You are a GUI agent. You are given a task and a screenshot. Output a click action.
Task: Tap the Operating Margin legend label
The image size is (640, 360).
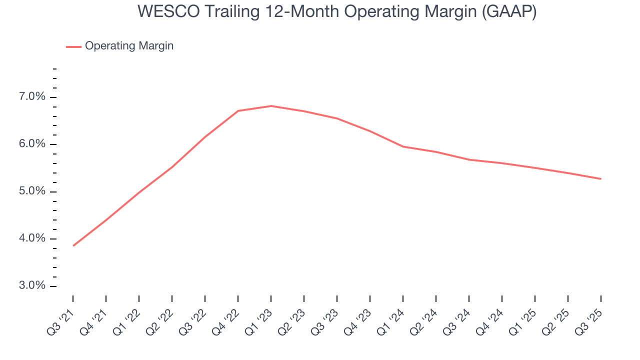pyautogui.click(x=129, y=46)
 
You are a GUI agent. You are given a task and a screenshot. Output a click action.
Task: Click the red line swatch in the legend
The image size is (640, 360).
pyautogui.click(x=73, y=46)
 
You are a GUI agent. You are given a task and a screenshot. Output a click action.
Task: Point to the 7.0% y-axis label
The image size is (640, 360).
pyautogui.click(x=32, y=97)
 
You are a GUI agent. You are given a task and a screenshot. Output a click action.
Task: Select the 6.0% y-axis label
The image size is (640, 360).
pyautogui.click(x=32, y=144)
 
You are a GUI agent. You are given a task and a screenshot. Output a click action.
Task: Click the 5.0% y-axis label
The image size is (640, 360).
pyautogui.click(x=32, y=192)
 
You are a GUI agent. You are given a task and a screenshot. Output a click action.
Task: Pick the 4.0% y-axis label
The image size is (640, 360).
pyautogui.click(x=32, y=239)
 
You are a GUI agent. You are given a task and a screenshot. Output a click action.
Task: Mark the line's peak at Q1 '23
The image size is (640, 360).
pyautogui.click(x=271, y=106)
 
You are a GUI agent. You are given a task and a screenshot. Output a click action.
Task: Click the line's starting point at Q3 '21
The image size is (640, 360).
pyautogui.click(x=73, y=245)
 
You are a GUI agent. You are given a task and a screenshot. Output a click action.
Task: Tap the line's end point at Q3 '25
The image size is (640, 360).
pyautogui.click(x=600, y=178)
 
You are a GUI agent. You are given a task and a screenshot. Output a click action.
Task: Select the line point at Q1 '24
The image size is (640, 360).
pyautogui.click(x=403, y=146)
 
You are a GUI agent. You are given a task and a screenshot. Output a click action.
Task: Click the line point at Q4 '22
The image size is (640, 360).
pyautogui.click(x=238, y=111)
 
